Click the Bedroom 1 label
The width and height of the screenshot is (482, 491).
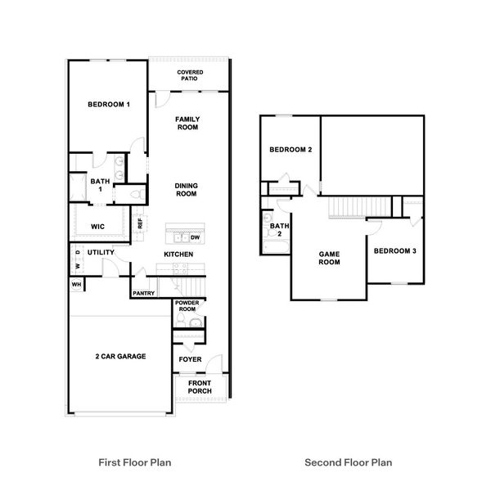tap(109, 104)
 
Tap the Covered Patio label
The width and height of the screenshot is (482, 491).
tap(190, 76)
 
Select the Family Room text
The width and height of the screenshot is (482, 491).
tap(187, 124)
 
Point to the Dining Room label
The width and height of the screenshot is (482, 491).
tap(186, 190)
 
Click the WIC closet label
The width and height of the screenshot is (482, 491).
tap(97, 227)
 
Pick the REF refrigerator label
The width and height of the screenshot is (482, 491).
tap(141, 223)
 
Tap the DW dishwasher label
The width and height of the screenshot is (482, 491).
tap(195, 238)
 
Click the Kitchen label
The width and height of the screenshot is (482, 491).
tap(178, 255)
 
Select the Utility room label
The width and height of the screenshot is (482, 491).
tap(100, 253)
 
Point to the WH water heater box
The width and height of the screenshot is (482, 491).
tap(76, 284)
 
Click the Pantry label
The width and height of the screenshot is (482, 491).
tap(144, 293)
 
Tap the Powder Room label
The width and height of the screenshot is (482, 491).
tap(187, 307)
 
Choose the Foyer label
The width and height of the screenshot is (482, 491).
tap(189, 358)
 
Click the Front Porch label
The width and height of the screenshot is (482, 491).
tap(200, 387)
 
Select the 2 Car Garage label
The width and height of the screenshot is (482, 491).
tap(119, 357)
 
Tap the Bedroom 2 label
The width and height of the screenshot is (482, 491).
tap(291, 150)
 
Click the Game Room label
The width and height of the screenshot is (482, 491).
tap(329, 258)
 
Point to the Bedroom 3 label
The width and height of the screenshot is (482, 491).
tap(395, 250)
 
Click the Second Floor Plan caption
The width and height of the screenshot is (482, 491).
tap(348, 462)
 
